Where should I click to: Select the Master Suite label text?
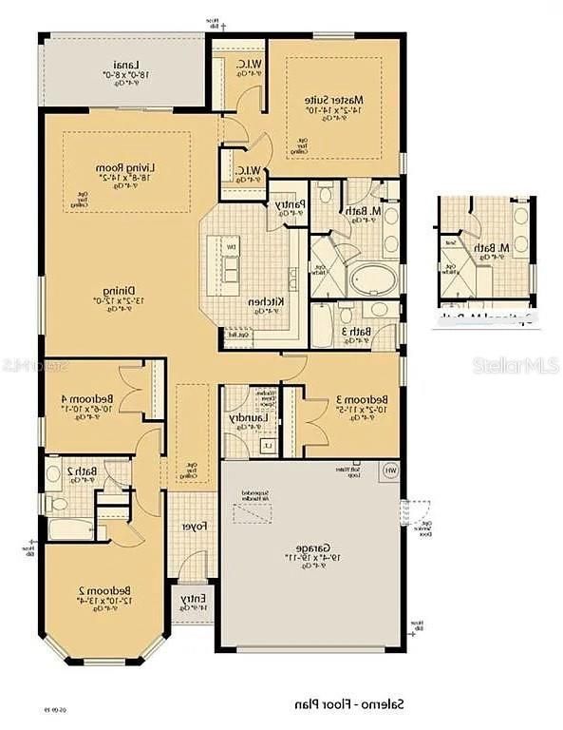click(x=334, y=100)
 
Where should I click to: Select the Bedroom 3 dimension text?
click(x=350, y=413)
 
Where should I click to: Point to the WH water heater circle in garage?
click(x=389, y=470)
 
